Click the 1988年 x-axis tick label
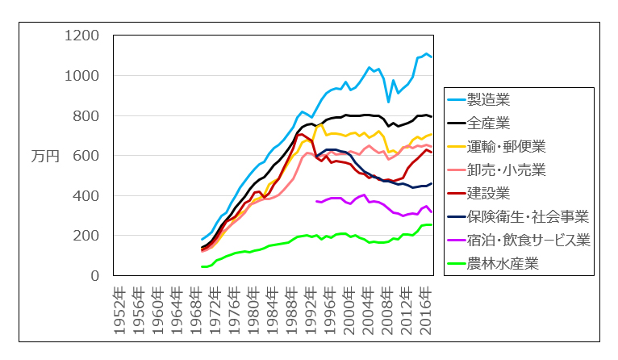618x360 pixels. coord(290,304)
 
